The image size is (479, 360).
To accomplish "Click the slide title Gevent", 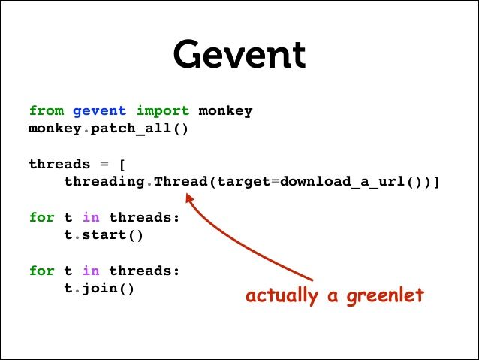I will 239,55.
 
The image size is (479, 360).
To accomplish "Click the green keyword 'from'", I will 47,110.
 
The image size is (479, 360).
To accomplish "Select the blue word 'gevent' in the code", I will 100,110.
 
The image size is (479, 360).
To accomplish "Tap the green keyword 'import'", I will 162,110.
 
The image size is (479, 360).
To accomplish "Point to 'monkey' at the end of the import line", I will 225,110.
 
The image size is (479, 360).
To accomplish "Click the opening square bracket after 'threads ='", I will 122,164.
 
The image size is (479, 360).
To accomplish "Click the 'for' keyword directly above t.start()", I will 42,217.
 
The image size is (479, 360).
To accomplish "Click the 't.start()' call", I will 104,234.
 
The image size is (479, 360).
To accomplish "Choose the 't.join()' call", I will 99,288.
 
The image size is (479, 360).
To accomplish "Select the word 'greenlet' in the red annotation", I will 385,296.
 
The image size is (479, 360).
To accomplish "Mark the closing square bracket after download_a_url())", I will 435,182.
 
